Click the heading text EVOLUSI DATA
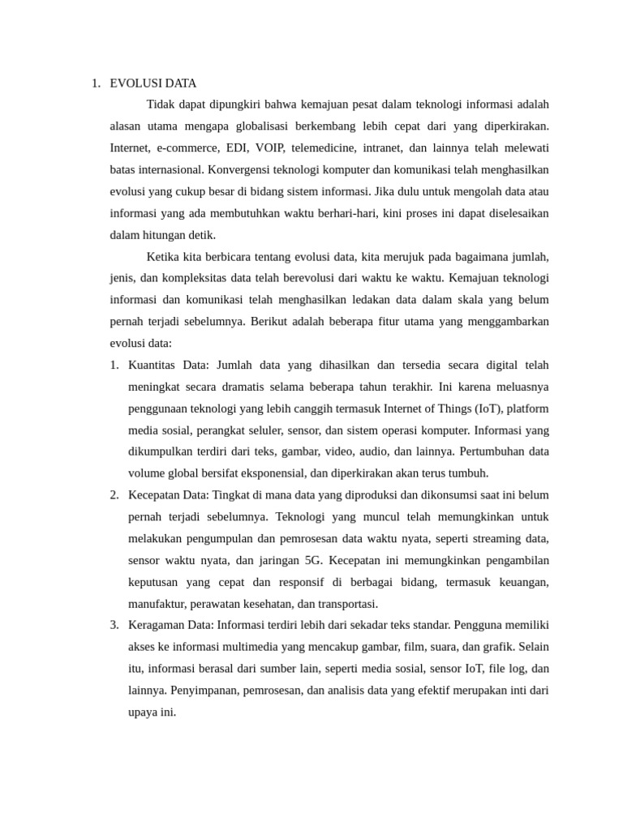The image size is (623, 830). (x=153, y=83)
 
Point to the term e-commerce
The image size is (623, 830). (x=188, y=148)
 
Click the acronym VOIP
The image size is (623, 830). (x=269, y=148)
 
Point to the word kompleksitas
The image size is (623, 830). (x=194, y=278)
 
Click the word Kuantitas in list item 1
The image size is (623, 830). (x=153, y=365)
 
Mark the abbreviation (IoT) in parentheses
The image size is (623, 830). (x=485, y=408)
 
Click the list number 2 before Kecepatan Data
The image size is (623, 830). (x=114, y=494)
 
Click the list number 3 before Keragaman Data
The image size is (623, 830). (x=114, y=625)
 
